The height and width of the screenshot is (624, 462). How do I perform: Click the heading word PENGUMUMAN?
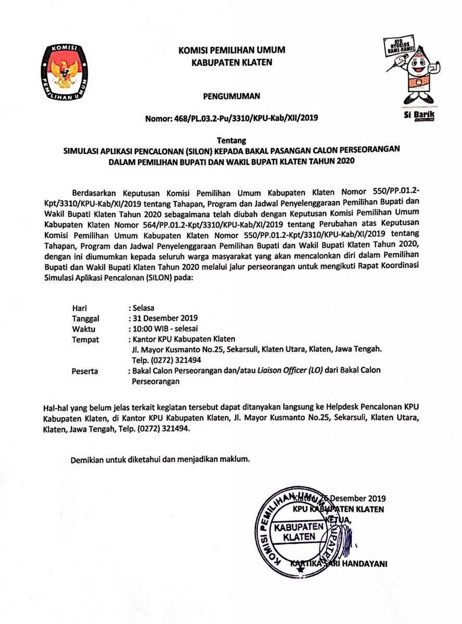point(232,96)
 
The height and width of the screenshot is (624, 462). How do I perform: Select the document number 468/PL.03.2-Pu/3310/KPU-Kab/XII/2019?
point(232,118)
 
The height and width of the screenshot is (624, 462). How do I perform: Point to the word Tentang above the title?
point(231,140)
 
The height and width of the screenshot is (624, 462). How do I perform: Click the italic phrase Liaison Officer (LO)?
point(294,370)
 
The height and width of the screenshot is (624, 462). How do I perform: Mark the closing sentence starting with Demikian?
point(161,460)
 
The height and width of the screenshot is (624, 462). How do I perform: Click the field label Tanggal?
point(86,318)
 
